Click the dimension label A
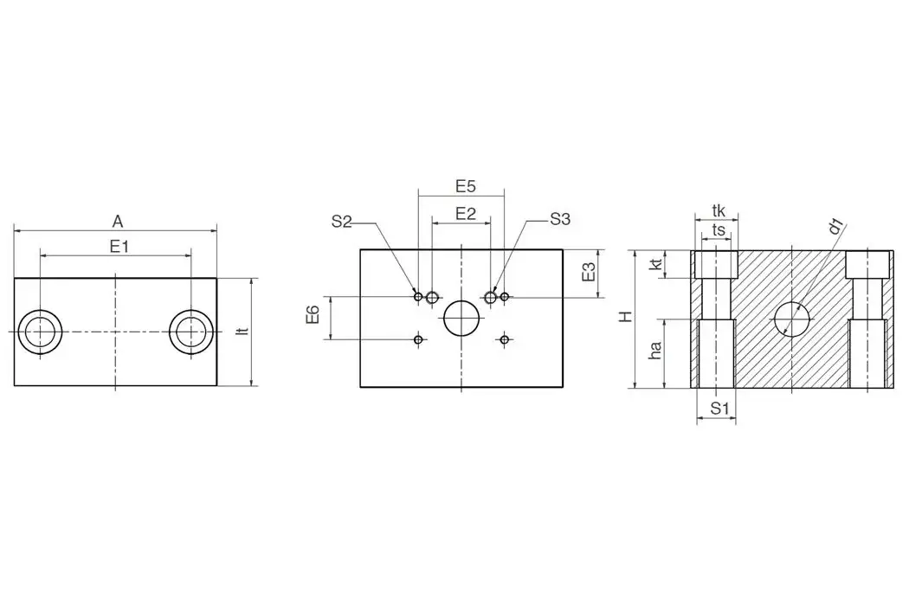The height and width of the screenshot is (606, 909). tap(118, 221)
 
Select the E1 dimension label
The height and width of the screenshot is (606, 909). tap(119, 246)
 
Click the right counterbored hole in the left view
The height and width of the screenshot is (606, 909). tap(190, 332)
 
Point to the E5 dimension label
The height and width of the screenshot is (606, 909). tap(466, 185)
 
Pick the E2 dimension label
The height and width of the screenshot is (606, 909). tap(466, 213)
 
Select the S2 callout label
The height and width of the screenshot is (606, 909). tap(341, 221)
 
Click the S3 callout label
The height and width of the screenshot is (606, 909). tap(560, 220)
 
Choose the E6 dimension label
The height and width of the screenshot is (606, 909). tap(313, 316)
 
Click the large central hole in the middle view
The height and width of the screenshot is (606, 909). tap(461, 318)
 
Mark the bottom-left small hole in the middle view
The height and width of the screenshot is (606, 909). tap(418, 339)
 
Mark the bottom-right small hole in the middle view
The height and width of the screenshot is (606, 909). tap(504, 339)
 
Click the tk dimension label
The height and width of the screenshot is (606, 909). tap(718, 210)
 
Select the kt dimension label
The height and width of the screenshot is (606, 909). tap(656, 263)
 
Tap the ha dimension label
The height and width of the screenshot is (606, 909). tap(656, 350)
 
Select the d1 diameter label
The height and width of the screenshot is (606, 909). tap(835, 227)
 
